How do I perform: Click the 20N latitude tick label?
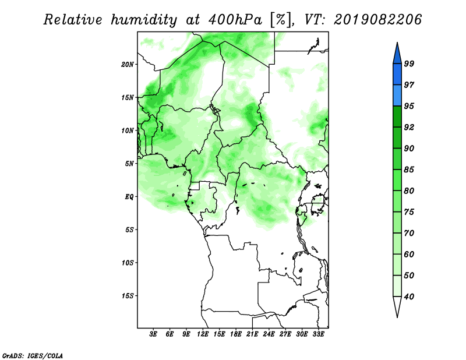click(128, 64)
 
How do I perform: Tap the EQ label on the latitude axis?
click(129, 196)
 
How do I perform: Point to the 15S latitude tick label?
click(128, 296)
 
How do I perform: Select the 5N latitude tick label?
click(129, 164)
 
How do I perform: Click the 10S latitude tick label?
click(128, 263)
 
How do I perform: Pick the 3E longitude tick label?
click(153, 334)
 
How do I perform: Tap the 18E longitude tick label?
click(236, 334)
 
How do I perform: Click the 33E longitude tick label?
click(318, 334)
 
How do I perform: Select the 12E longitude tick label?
click(203, 334)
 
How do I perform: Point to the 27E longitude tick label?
click(285, 334)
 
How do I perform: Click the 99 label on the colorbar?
click(409, 63)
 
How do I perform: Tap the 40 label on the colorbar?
click(409, 297)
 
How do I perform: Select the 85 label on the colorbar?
click(409, 170)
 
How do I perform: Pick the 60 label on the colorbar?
click(409, 254)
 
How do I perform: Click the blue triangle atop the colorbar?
click(397, 55)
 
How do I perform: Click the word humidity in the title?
click(143, 20)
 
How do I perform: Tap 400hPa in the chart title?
click(235, 20)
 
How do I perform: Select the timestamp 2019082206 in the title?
click(378, 20)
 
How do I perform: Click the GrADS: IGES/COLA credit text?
click(33, 355)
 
